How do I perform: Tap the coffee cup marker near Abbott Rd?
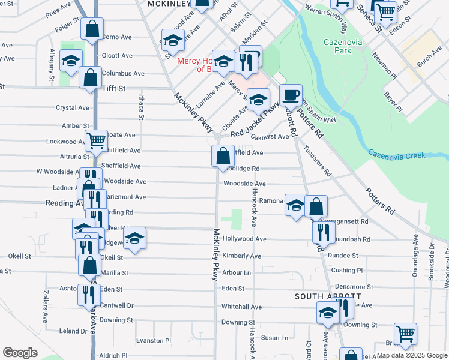click(291, 95)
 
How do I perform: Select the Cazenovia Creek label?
click(397, 155)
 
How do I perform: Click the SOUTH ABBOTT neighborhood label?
click(327, 296)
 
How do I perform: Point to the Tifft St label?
click(113, 88)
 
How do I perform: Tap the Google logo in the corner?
click(20, 352)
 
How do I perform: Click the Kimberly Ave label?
click(241, 256)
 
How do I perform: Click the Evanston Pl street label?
click(154, 340)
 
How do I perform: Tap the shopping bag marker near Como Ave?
click(92, 28)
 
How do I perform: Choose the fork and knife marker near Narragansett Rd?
click(323, 232)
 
